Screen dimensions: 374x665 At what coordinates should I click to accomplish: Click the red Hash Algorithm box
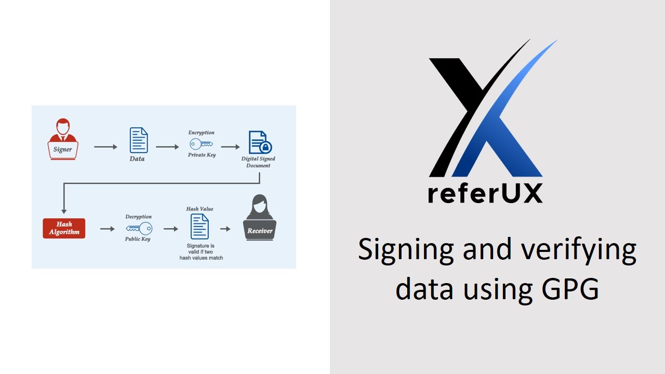click(64, 229)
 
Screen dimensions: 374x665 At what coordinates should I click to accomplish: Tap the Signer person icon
click(63, 139)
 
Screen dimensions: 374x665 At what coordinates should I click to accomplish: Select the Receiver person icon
click(260, 218)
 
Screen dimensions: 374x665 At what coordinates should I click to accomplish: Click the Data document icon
click(138, 140)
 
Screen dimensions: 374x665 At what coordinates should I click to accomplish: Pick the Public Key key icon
click(138, 228)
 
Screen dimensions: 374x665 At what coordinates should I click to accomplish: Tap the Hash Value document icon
click(199, 226)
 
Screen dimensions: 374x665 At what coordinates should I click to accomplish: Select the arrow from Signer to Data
click(105, 147)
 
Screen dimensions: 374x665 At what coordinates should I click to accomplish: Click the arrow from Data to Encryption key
click(167, 147)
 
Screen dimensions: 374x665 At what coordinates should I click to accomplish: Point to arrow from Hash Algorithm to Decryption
click(107, 229)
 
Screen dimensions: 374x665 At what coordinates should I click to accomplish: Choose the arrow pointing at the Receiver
click(225, 229)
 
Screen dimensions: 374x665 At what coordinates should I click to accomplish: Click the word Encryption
click(201, 133)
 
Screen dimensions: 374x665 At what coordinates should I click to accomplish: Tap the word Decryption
click(138, 217)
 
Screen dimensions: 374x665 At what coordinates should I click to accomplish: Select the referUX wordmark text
click(485, 193)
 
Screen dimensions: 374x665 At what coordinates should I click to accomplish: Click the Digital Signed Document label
click(258, 162)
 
